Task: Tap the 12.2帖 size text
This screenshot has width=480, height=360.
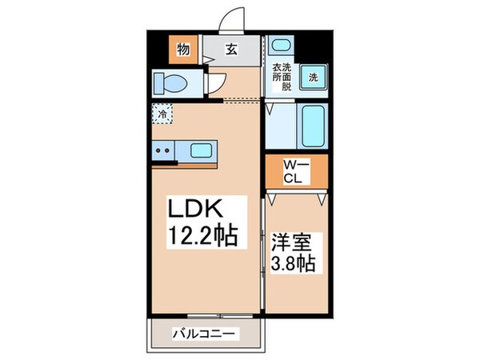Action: pos(202,237)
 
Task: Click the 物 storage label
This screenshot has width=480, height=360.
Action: pos(182,50)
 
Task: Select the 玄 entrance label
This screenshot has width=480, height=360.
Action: pos(230,50)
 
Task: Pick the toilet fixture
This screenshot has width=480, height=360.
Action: pos(169,82)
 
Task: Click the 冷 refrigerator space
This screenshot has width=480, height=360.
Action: pos(163,114)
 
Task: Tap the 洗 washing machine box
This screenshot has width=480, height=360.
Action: pos(314,78)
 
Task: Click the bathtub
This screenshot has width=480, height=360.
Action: pos(313,126)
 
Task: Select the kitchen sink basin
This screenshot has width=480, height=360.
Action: pos(202,149)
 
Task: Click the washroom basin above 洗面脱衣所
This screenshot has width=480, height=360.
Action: pos(280,46)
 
